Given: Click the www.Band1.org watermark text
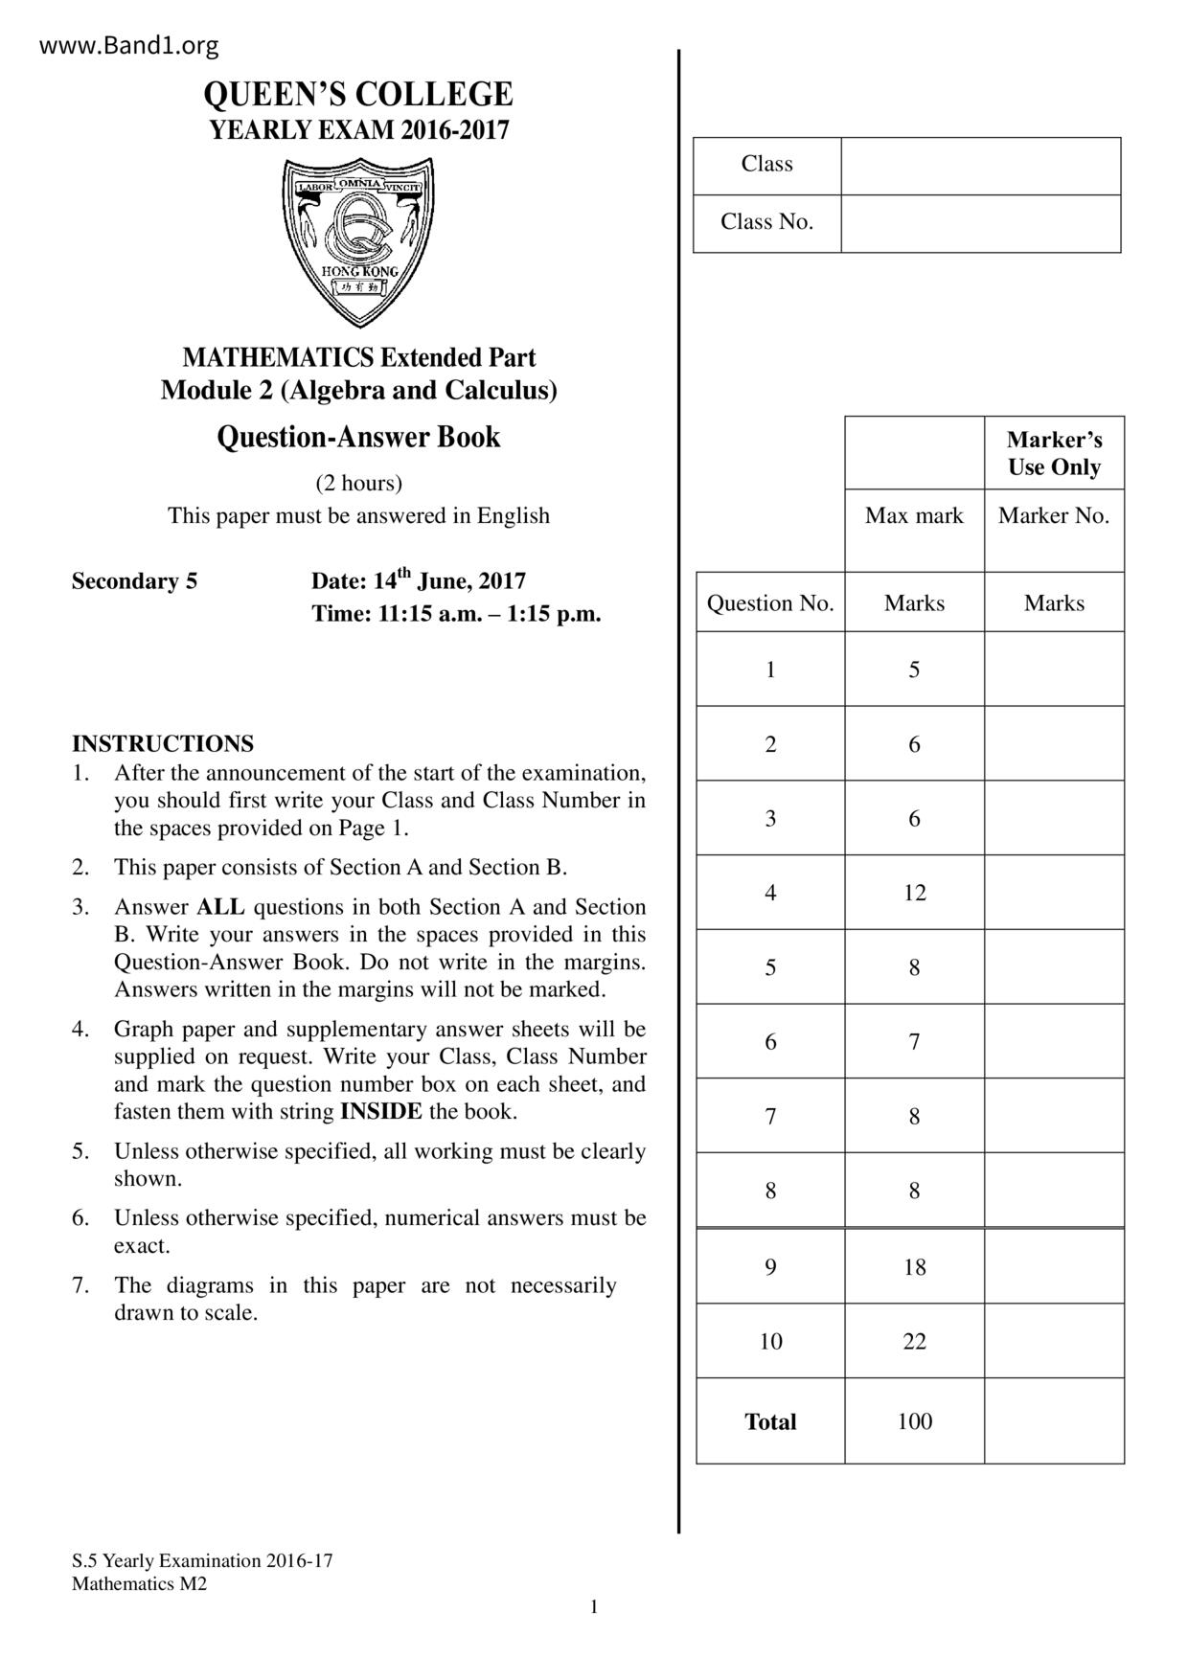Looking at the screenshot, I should point(129,45).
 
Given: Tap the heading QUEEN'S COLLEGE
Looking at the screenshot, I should point(358,95).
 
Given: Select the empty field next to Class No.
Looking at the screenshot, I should point(980,223).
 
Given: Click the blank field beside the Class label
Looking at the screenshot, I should point(980,166).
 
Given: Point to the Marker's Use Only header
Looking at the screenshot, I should point(1054,453).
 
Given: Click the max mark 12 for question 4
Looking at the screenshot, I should point(914,893).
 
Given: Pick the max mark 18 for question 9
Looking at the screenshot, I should point(914,1267).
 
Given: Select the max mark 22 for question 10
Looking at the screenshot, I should point(914,1341).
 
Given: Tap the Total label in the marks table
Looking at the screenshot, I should point(770,1421).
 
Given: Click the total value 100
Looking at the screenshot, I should point(914,1421).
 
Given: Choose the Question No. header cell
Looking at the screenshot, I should point(770,603).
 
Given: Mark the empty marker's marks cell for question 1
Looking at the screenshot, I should point(1054,670).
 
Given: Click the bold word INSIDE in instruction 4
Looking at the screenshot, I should point(380,1112).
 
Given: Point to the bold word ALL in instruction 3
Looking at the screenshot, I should point(220,907).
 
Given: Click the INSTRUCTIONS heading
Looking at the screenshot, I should point(163,744).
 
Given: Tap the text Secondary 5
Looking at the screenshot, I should point(134,581).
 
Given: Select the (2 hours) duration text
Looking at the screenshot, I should point(358,483).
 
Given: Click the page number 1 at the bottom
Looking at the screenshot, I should point(594,1607).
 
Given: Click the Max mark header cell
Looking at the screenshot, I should point(914,516).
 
